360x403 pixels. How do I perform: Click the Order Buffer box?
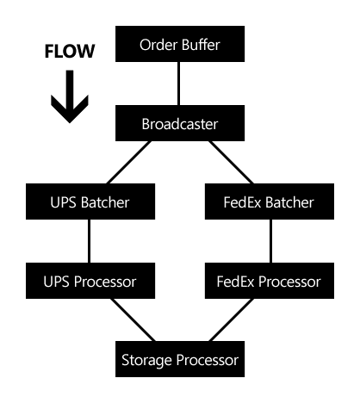click(x=180, y=44)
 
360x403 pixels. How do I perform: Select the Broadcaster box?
click(x=180, y=123)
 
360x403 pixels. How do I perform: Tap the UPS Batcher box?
click(x=90, y=201)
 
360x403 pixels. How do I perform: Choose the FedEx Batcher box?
click(x=270, y=201)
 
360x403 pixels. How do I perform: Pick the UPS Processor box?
click(x=90, y=281)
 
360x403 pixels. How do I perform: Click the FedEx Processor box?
click(x=270, y=281)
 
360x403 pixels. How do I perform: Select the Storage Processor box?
click(x=180, y=359)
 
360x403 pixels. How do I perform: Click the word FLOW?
click(x=70, y=51)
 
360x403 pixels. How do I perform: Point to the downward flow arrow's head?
click(x=70, y=110)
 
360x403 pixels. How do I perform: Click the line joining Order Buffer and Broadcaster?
click(x=179, y=84)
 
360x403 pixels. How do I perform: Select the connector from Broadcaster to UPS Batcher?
click(x=128, y=162)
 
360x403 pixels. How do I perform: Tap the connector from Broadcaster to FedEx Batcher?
click(x=231, y=162)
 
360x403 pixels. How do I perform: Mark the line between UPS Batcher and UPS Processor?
click(x=89, y=241)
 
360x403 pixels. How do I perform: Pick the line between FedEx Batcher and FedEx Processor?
click(x=270, y=241)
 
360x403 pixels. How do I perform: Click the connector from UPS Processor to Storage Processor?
click(x=133, y=319)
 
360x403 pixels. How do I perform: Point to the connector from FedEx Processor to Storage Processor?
click(x=231, y=319)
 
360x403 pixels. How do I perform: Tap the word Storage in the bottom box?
click(x=147, y=361)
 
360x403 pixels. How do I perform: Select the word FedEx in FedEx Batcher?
click(x=243, y=202)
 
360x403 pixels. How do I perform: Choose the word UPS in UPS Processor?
click(x=56, y=282)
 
